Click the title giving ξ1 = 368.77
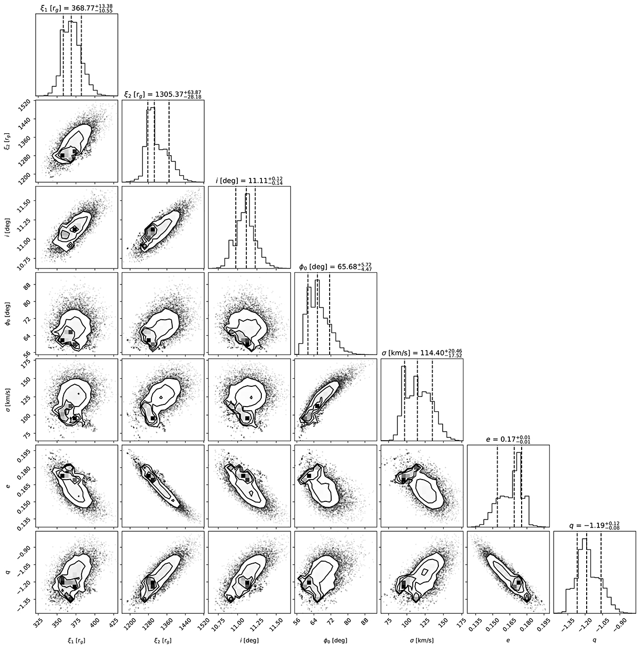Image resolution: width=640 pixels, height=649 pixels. [x=77, y=7]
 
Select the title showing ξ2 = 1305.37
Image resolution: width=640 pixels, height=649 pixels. [x=163, y=93]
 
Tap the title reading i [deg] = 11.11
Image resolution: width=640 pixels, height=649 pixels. [x=249, y=180]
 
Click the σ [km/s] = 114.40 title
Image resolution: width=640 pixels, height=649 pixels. [x=422, y=353]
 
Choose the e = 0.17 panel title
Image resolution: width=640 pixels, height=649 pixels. [x=508, y=439]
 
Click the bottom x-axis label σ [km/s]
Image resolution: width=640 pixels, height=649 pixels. [x=422, y=640]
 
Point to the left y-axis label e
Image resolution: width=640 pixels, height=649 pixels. [x=8, y=486]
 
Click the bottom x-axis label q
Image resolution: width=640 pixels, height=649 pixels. [x=595, y=640]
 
